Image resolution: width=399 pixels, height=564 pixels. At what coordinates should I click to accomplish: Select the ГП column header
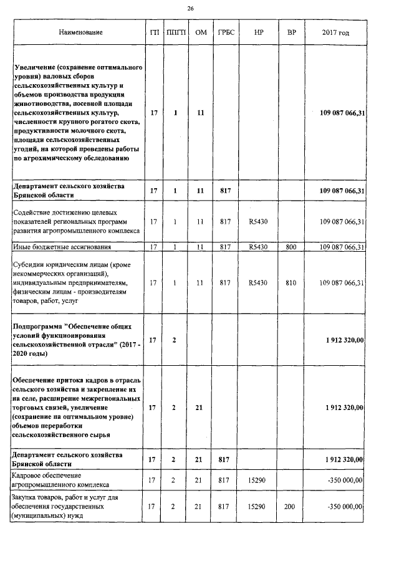point(154,32)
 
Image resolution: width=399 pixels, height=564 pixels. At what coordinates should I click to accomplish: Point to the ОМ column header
point(200,32)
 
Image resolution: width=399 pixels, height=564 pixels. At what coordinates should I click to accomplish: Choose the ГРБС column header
point(225,32)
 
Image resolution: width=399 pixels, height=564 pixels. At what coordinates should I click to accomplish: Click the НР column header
point(257,32)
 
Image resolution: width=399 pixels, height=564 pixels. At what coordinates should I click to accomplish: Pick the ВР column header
point(291,32)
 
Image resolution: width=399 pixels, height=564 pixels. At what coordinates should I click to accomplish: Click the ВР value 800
point(291,247)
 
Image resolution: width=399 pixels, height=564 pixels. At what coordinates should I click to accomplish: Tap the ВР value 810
point(291,283)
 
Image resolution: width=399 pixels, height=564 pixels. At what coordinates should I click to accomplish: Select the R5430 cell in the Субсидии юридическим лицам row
point(257,283)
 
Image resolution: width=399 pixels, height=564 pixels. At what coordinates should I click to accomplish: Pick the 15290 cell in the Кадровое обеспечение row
point(257,480)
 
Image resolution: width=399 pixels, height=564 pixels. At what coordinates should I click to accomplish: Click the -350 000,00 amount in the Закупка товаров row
point(345,507)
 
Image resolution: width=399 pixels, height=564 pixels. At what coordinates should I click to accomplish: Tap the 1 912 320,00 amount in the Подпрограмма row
point(345,340)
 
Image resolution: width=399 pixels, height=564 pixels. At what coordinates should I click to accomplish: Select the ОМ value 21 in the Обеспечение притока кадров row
point(200,408)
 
